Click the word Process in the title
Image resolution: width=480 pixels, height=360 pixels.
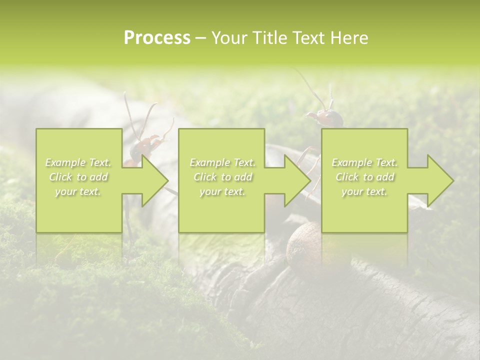point(157,38)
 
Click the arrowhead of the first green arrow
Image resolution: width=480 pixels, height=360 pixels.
point(154,180)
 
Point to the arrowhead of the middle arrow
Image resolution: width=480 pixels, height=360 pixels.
point(297,180)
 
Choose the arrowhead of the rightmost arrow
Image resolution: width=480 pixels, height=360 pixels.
point(440,180)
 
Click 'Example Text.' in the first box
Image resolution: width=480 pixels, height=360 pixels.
point(78,162)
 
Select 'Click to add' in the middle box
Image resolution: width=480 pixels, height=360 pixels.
point(222,177)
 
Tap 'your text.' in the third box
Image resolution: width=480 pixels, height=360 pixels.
point(364,191)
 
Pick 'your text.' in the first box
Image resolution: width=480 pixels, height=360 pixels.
point(78,191)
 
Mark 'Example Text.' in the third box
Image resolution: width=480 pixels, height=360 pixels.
point(364,162)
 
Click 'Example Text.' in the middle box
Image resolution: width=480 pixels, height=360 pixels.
point(222,162)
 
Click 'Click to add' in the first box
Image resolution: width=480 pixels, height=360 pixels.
point(78,177)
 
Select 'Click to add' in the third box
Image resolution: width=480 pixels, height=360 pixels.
point(364,177)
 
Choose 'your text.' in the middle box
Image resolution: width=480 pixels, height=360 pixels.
point(222,191)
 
